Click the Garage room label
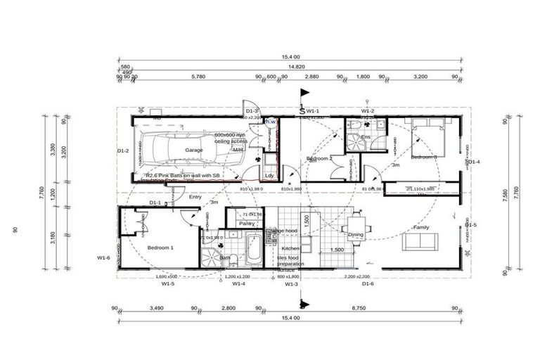coord(193,150)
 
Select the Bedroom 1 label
coord(160,247)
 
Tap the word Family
coord(421,228)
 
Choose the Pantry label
coord(247,224)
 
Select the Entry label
coord(195,198)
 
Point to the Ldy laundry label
coord(269,175)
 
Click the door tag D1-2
coord(122,150)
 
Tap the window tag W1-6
coord(103,258)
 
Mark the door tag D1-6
coord(367,284)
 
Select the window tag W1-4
coord(238,284)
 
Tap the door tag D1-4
coord(475,162)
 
